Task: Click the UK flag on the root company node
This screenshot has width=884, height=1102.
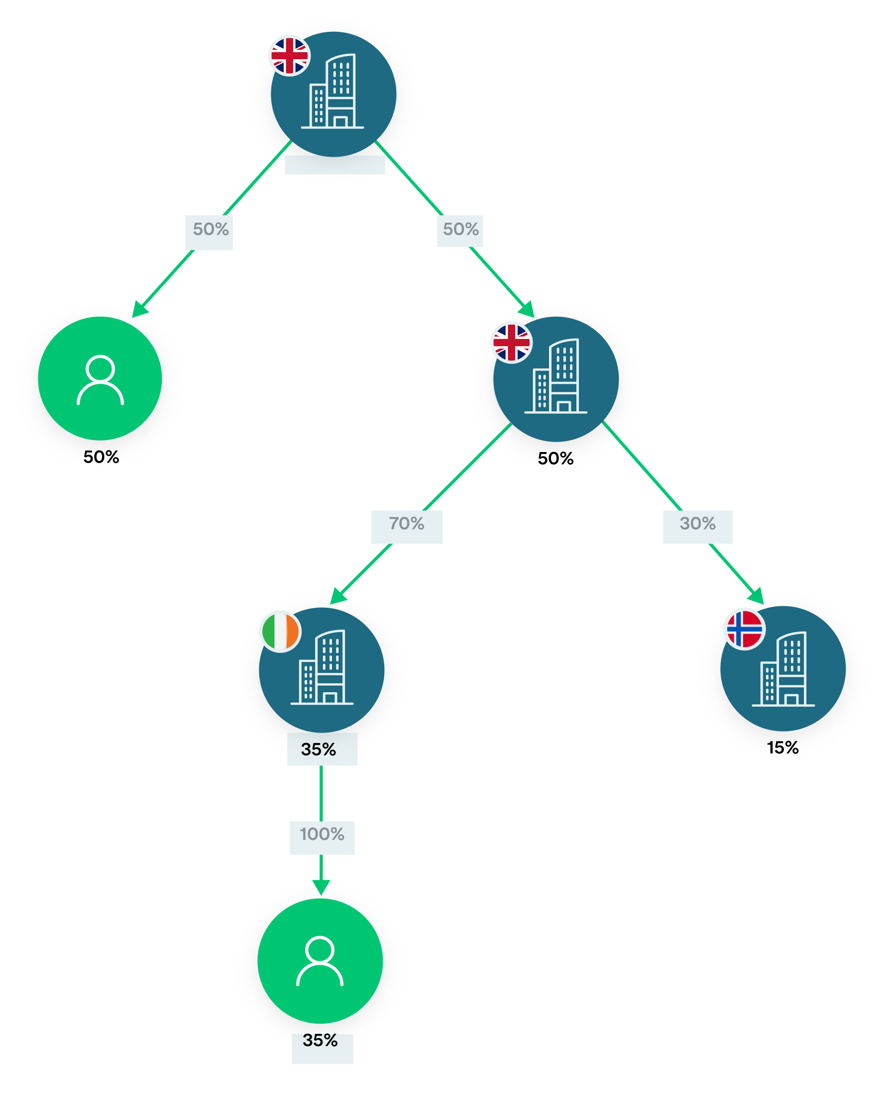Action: pyautogui.click(x=290, y=56)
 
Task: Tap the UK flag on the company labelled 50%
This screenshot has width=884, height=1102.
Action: pyautogui.click(x=511, y=343)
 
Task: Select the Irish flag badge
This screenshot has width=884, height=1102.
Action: pyautogui.click(x=280, y=632)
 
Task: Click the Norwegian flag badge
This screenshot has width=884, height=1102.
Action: pyautogui.click(x=744, y=629)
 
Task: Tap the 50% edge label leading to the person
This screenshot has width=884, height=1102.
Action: pyautogui.click(x=211, y=229)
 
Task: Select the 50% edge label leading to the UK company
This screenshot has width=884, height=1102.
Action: pyautogui.click(x=461, y=229)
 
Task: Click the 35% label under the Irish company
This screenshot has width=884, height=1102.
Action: pyautogui.click(x=319, y=750)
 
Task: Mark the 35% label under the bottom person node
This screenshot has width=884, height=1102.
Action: pyautogui.click(x=320, y=1041)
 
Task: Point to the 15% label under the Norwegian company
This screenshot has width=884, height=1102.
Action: pyautogui.click(x=782, y=748)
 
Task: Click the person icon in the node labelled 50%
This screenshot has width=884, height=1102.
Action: pyautogui.click(x=100, y=380)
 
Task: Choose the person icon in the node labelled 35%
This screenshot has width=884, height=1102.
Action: pyautogui.click(x=320, y=961)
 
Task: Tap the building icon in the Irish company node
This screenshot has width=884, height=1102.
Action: pyautogui.click(x=323, y=667)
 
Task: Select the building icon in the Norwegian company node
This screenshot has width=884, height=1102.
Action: pyautogui.click(x=783, y=669)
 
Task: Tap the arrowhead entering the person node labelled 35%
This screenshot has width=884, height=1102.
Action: pyautogui.click(x=321, y=887)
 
